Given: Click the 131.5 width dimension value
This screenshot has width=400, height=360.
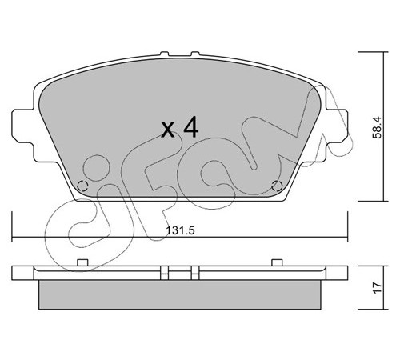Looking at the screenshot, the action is click(x=181, y=230).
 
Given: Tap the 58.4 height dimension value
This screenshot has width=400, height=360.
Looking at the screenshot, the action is click(x=378, y=127).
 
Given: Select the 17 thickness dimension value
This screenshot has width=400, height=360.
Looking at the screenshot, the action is click(x=378, y=288).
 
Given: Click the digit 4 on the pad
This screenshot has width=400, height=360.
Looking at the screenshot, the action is click(x=191, y=127).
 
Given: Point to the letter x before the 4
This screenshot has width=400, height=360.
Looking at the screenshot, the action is click(x=169, y=130).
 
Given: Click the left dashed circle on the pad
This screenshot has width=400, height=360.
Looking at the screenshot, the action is click(x=82, y=186).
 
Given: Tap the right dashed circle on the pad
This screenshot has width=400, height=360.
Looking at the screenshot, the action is click(x=277, y=186).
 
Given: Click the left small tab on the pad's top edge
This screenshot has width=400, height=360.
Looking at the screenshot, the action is click(x=165, y=54).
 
